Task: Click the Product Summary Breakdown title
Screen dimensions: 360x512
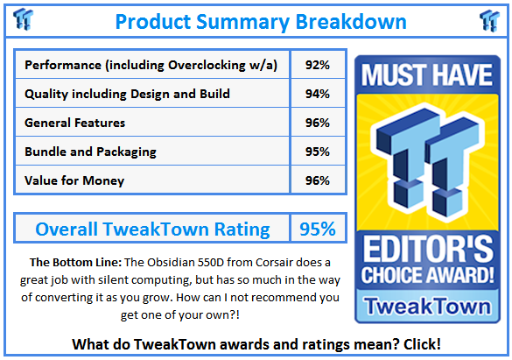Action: [x=260, y=20]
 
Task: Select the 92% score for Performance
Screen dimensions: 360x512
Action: [x=318, y=65]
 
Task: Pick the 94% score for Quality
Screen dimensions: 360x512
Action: [x=318, y=94]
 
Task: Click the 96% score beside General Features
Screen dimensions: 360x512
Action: [x=318, y=123]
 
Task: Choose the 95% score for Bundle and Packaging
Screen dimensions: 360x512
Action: [x=318, y=152]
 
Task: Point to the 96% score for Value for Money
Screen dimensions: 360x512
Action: [x=318, y=180]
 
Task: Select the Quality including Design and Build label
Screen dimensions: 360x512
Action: [x=127, y=94]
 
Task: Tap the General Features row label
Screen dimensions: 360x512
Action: [x=75, y=123]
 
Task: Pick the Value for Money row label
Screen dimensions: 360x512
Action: [x=74, y=180]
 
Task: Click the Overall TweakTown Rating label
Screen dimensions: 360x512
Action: [x=152, y=229]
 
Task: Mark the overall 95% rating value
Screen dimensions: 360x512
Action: [x=317, y=229]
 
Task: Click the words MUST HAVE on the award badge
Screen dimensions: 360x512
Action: [x=427, y=76]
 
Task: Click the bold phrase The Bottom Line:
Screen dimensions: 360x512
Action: [x=73, y=262]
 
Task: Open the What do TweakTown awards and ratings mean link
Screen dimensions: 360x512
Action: [x=256, y=343]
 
